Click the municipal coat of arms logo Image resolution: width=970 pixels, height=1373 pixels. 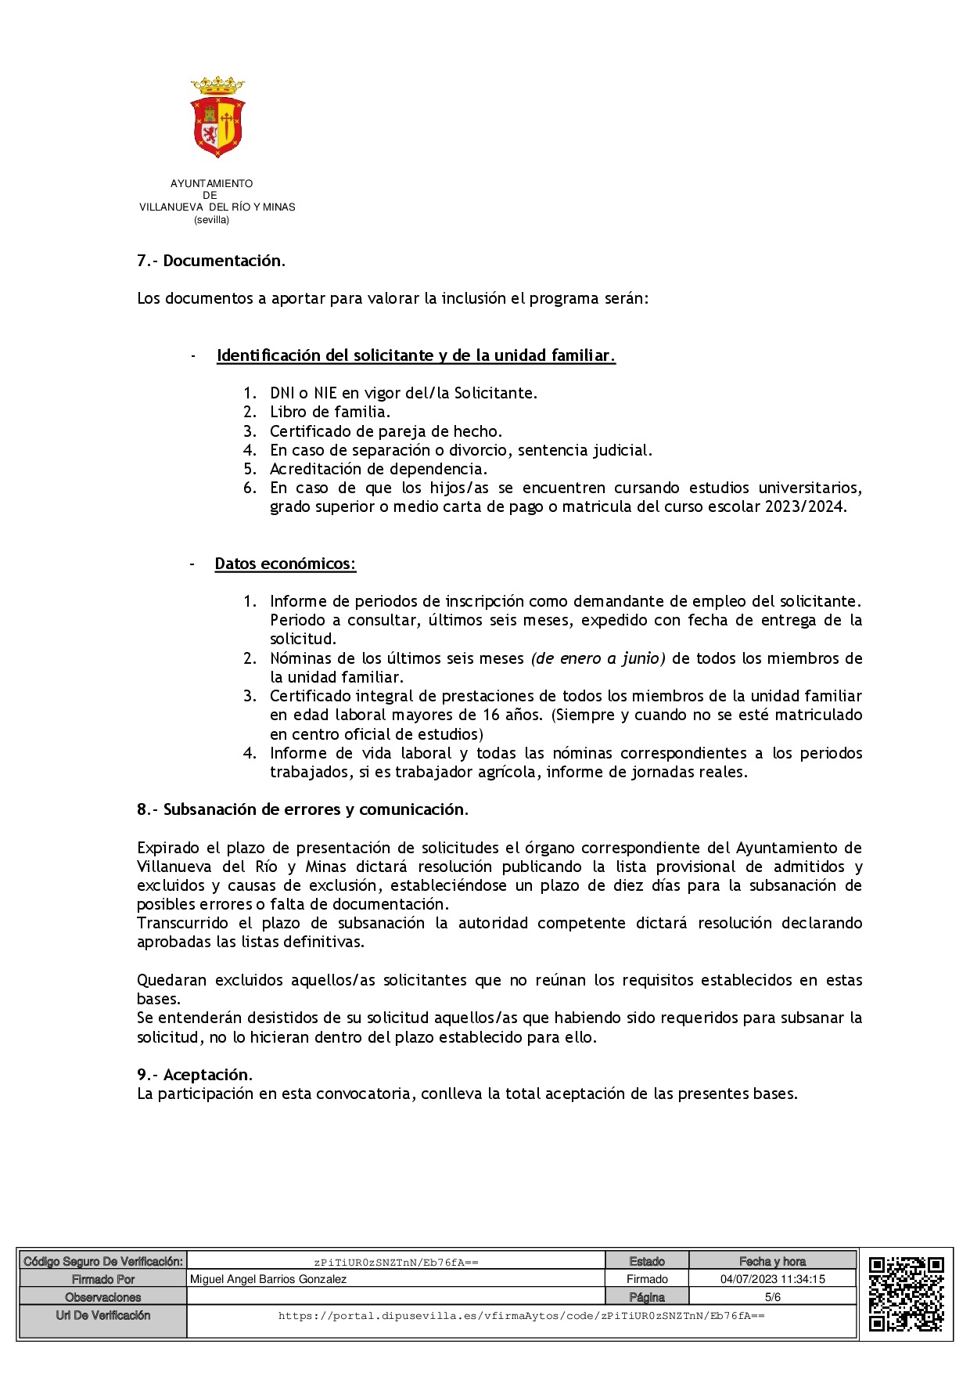(217, 117)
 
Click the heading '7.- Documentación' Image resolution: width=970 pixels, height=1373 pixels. (210, 261)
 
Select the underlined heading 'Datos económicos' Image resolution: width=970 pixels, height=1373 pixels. (285, 564)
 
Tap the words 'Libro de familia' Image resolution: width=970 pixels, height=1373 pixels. (329, 412)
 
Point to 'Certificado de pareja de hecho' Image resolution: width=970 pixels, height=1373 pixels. (385, 431)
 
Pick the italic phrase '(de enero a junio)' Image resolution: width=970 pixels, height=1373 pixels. (598, 658)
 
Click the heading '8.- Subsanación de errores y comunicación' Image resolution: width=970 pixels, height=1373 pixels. (302, 809)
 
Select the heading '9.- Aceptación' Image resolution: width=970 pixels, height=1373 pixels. (194, 1075)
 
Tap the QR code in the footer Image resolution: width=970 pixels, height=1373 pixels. (906, 1293)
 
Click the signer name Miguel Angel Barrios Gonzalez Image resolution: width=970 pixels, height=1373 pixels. (268, 1279)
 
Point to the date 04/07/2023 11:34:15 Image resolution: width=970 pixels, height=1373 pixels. (772, 1279)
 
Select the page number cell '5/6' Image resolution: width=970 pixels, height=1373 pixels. (772, 1297)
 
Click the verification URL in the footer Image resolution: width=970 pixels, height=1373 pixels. (521, 1316)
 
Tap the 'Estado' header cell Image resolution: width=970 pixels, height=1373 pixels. (647, 1261)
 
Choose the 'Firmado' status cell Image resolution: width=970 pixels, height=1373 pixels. (647, 1279)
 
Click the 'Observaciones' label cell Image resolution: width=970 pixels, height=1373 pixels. (103, 1297)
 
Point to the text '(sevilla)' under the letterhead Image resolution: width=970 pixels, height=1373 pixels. (212, 220)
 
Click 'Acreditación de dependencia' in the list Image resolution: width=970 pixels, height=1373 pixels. (378, 469)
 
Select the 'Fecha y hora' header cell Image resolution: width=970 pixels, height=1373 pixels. (772, 1261)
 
